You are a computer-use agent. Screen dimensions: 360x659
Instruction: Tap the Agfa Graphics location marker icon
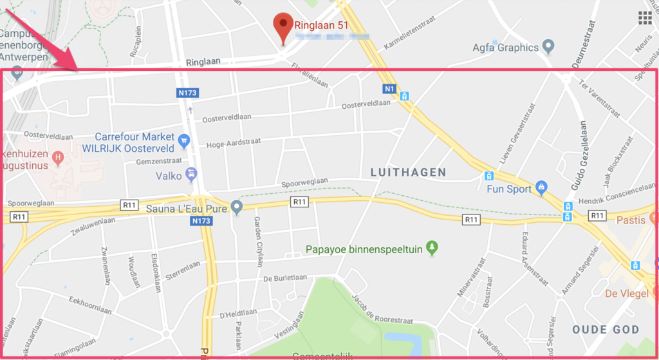point(548,46)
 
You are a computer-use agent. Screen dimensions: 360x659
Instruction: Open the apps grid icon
point(645,17)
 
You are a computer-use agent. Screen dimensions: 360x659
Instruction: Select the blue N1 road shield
point(389,88)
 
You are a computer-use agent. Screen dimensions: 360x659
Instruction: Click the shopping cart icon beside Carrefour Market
point(184,140)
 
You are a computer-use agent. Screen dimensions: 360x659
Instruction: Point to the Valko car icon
point(191,174)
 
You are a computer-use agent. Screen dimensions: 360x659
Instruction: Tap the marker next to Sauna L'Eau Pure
point(237,207)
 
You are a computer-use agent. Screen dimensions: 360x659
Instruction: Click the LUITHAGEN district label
point(409,172)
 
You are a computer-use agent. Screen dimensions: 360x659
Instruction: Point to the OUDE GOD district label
point(606,330)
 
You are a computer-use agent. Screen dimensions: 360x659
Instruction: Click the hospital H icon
point(59,156)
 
